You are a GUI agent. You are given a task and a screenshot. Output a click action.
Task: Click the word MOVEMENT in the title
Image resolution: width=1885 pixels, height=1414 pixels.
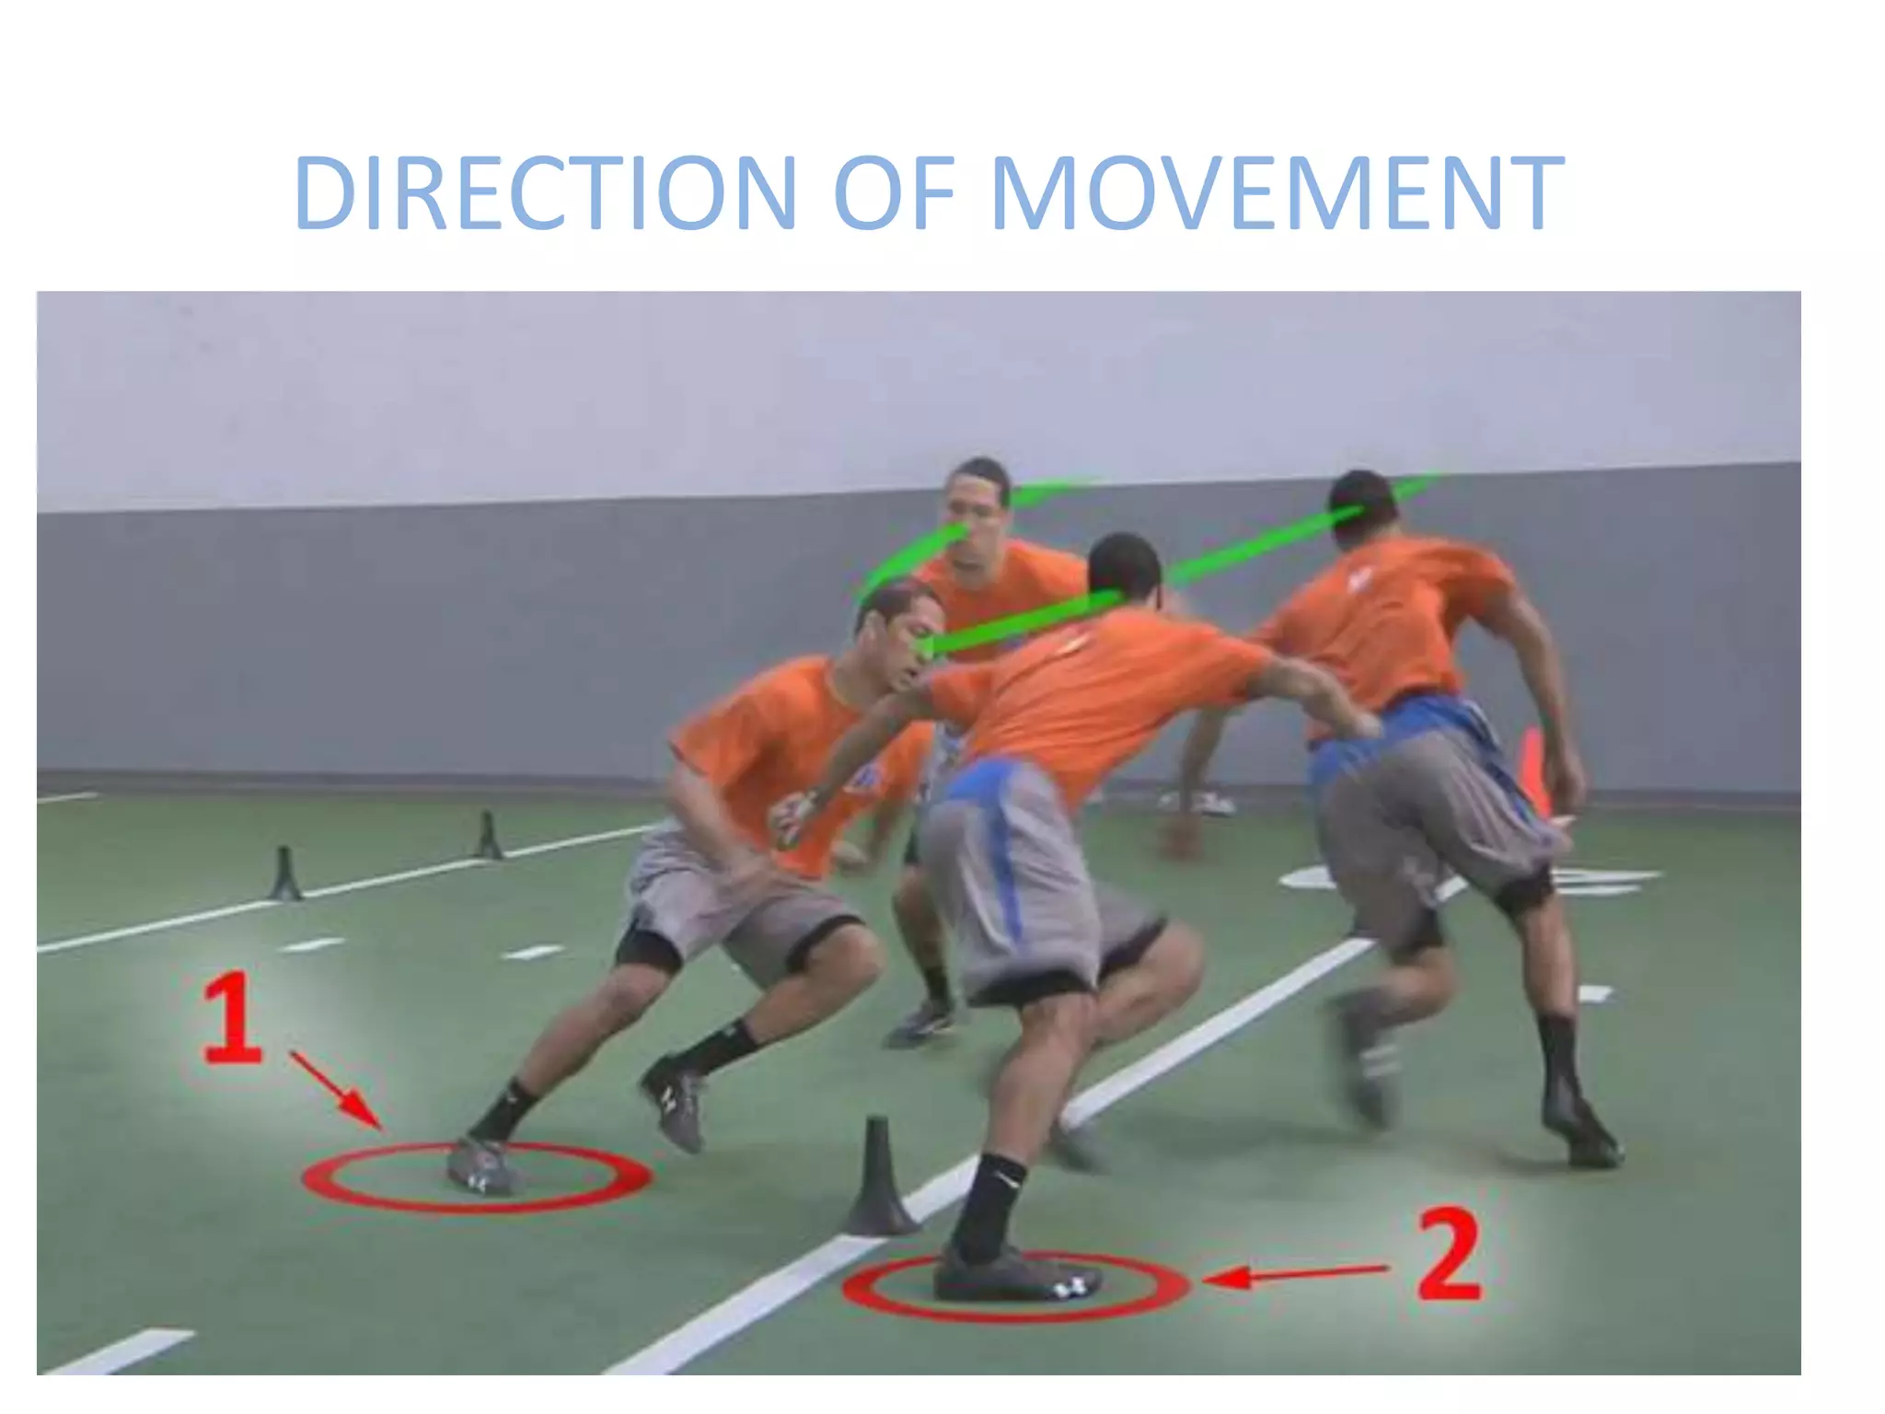click(x=1277, y=193)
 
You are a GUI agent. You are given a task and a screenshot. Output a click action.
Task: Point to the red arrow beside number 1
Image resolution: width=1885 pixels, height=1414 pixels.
click(x=337, y=1090)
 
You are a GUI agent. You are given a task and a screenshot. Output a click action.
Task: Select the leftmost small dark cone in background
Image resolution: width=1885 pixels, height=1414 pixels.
click(x=284, y=874)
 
